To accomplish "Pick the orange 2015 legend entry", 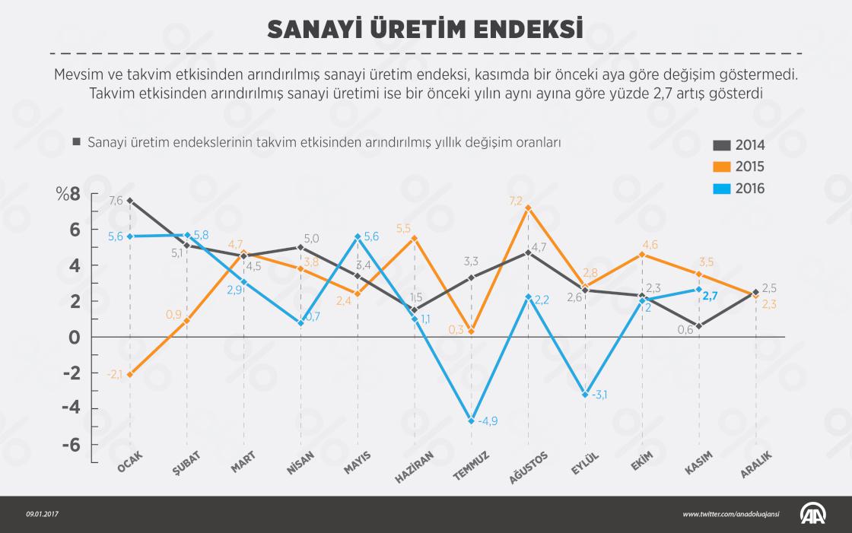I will click(x=738, y=167).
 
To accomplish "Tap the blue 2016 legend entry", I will click(x=738, y=189).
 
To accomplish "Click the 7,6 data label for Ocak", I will click(x=116, y=201).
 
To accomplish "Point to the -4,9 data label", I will click(x=488, y=421).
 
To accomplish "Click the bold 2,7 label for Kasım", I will click(x=709, y=297).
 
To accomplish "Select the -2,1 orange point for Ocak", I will click(x=130, y=374).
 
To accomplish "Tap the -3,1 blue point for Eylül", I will click(x=585, y=394).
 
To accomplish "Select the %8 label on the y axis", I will click(x=67, y=194).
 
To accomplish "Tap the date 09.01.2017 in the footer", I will click(x=42, y=515).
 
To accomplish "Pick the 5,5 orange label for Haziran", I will click(x=403, y=228).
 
